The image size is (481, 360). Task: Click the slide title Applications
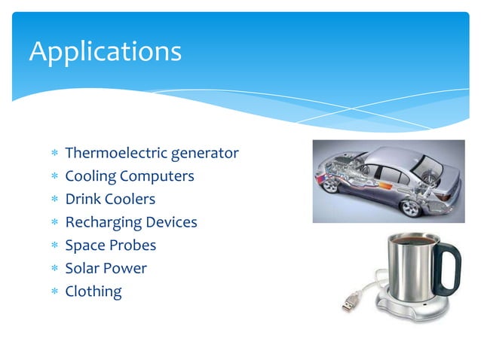pos(105,51)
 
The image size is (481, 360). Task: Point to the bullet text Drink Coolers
pos(110,200)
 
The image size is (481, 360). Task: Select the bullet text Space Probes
pos(111,246)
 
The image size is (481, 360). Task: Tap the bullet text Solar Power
pos(106,268)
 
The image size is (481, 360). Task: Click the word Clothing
pos(93,291)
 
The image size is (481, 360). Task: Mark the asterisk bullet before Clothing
pos(54,292)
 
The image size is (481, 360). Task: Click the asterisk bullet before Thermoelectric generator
pos(54,154)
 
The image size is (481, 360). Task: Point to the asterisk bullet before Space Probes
pos(54,246)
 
